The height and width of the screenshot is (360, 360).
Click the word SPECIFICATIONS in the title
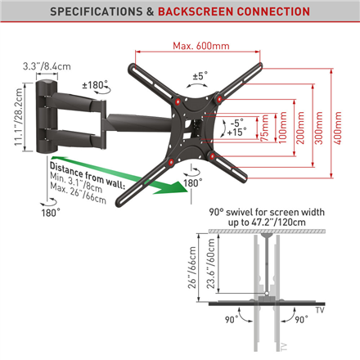[x=92, y=12]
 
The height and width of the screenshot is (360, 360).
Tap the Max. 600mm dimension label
[x=200, y=43]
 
